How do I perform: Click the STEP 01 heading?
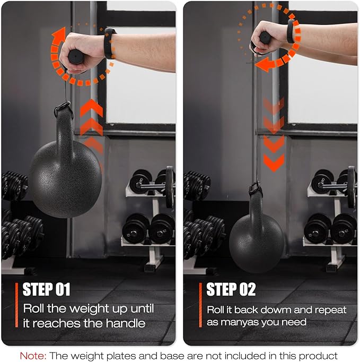pyautogui.click(x=46, y=289)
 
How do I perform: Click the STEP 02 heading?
pyautogui.click(x=231, y=289)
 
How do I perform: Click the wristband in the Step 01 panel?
pyautogui.click(x=109, y=44)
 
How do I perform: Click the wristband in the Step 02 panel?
pyautogui.click(x=292, y=31)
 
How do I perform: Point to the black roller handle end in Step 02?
pyautogui.click(x=265, y=37)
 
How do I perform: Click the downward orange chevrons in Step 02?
pyautogui.click(x=274, y=135)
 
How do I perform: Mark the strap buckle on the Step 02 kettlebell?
pyautogui.click(x=256, y=189)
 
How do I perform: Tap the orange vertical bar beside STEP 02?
pyautogui.click(x=200, y=305)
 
